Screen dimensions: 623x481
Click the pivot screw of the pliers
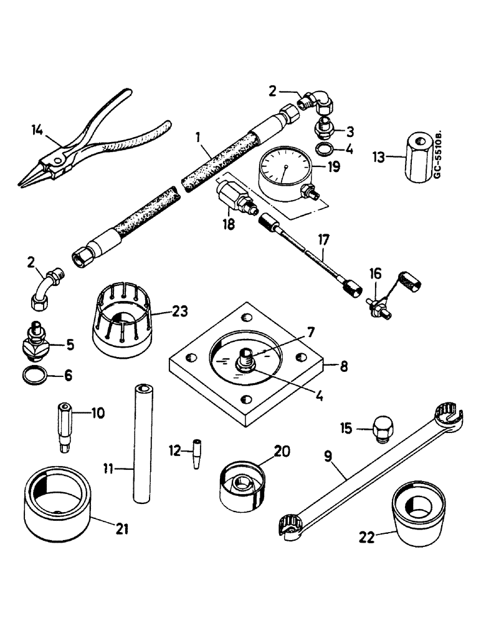click(58, 160)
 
